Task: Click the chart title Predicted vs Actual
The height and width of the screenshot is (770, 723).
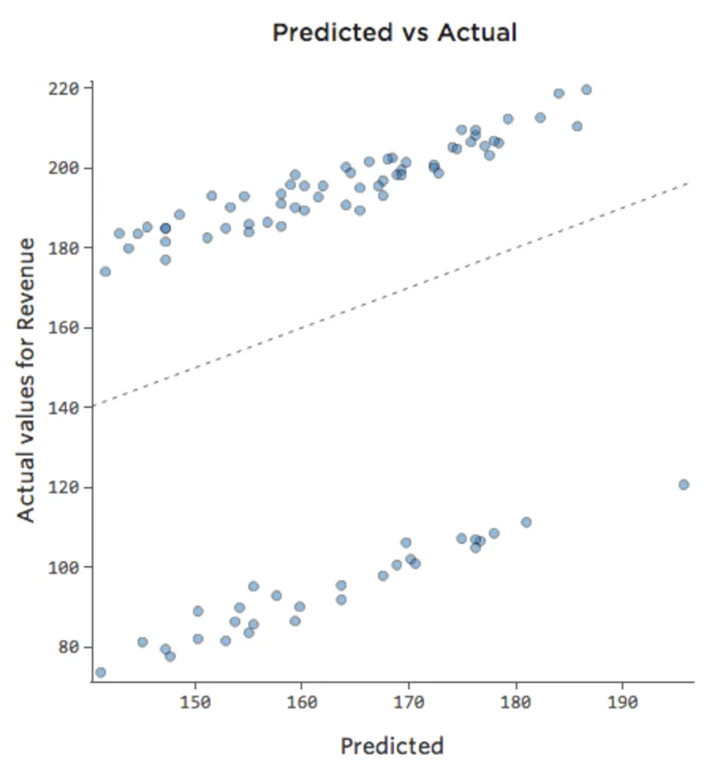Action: [x=394, y=32]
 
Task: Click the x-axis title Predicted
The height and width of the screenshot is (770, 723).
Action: [x=392, y=745]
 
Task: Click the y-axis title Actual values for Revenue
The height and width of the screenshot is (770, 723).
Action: [x=27, y=379]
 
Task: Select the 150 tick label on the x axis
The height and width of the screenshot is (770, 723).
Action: [x=195, y=700]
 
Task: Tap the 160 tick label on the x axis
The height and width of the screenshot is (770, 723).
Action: [x=301, y=700]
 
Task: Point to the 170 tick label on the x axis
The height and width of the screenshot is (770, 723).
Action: [x=408, y=700]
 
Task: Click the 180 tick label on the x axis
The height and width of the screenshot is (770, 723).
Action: [x=516, y=700]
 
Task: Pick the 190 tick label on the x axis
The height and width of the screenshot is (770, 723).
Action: [x=623, y=700]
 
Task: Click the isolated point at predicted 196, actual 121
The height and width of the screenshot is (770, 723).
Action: [x=683, y=485]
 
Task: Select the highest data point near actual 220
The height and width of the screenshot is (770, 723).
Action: [x=586, y=89]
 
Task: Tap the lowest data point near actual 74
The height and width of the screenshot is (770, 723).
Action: [x=100, y=673]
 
